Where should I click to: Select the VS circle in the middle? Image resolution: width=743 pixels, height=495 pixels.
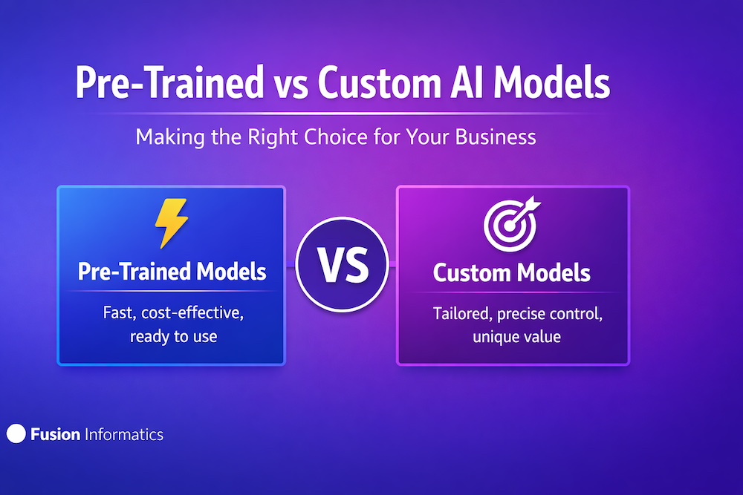click(342, 264)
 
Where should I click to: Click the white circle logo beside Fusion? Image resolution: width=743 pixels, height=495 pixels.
click(16, 433)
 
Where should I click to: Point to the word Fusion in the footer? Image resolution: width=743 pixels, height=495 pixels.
click(55, 434)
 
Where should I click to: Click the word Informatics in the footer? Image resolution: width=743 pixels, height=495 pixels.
click(123, 434)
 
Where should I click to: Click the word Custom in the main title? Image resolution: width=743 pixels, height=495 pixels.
click(379, 83)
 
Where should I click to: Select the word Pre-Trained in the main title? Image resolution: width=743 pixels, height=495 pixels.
click(169, 82)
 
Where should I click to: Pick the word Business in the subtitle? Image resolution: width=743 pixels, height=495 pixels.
click(496, 137)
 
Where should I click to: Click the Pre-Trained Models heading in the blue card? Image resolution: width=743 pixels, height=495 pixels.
click(172, 271)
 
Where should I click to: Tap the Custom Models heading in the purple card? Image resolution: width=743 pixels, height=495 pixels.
click(512, 272)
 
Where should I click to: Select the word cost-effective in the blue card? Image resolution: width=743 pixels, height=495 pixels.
click(192, 312)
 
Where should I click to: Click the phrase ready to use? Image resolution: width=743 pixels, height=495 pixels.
click(173, 336)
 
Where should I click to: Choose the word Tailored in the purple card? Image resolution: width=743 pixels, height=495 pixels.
click(462, 314)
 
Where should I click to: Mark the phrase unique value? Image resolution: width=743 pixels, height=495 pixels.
click(516, 337)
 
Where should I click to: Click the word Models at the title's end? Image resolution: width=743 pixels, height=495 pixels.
click(551, 83)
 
